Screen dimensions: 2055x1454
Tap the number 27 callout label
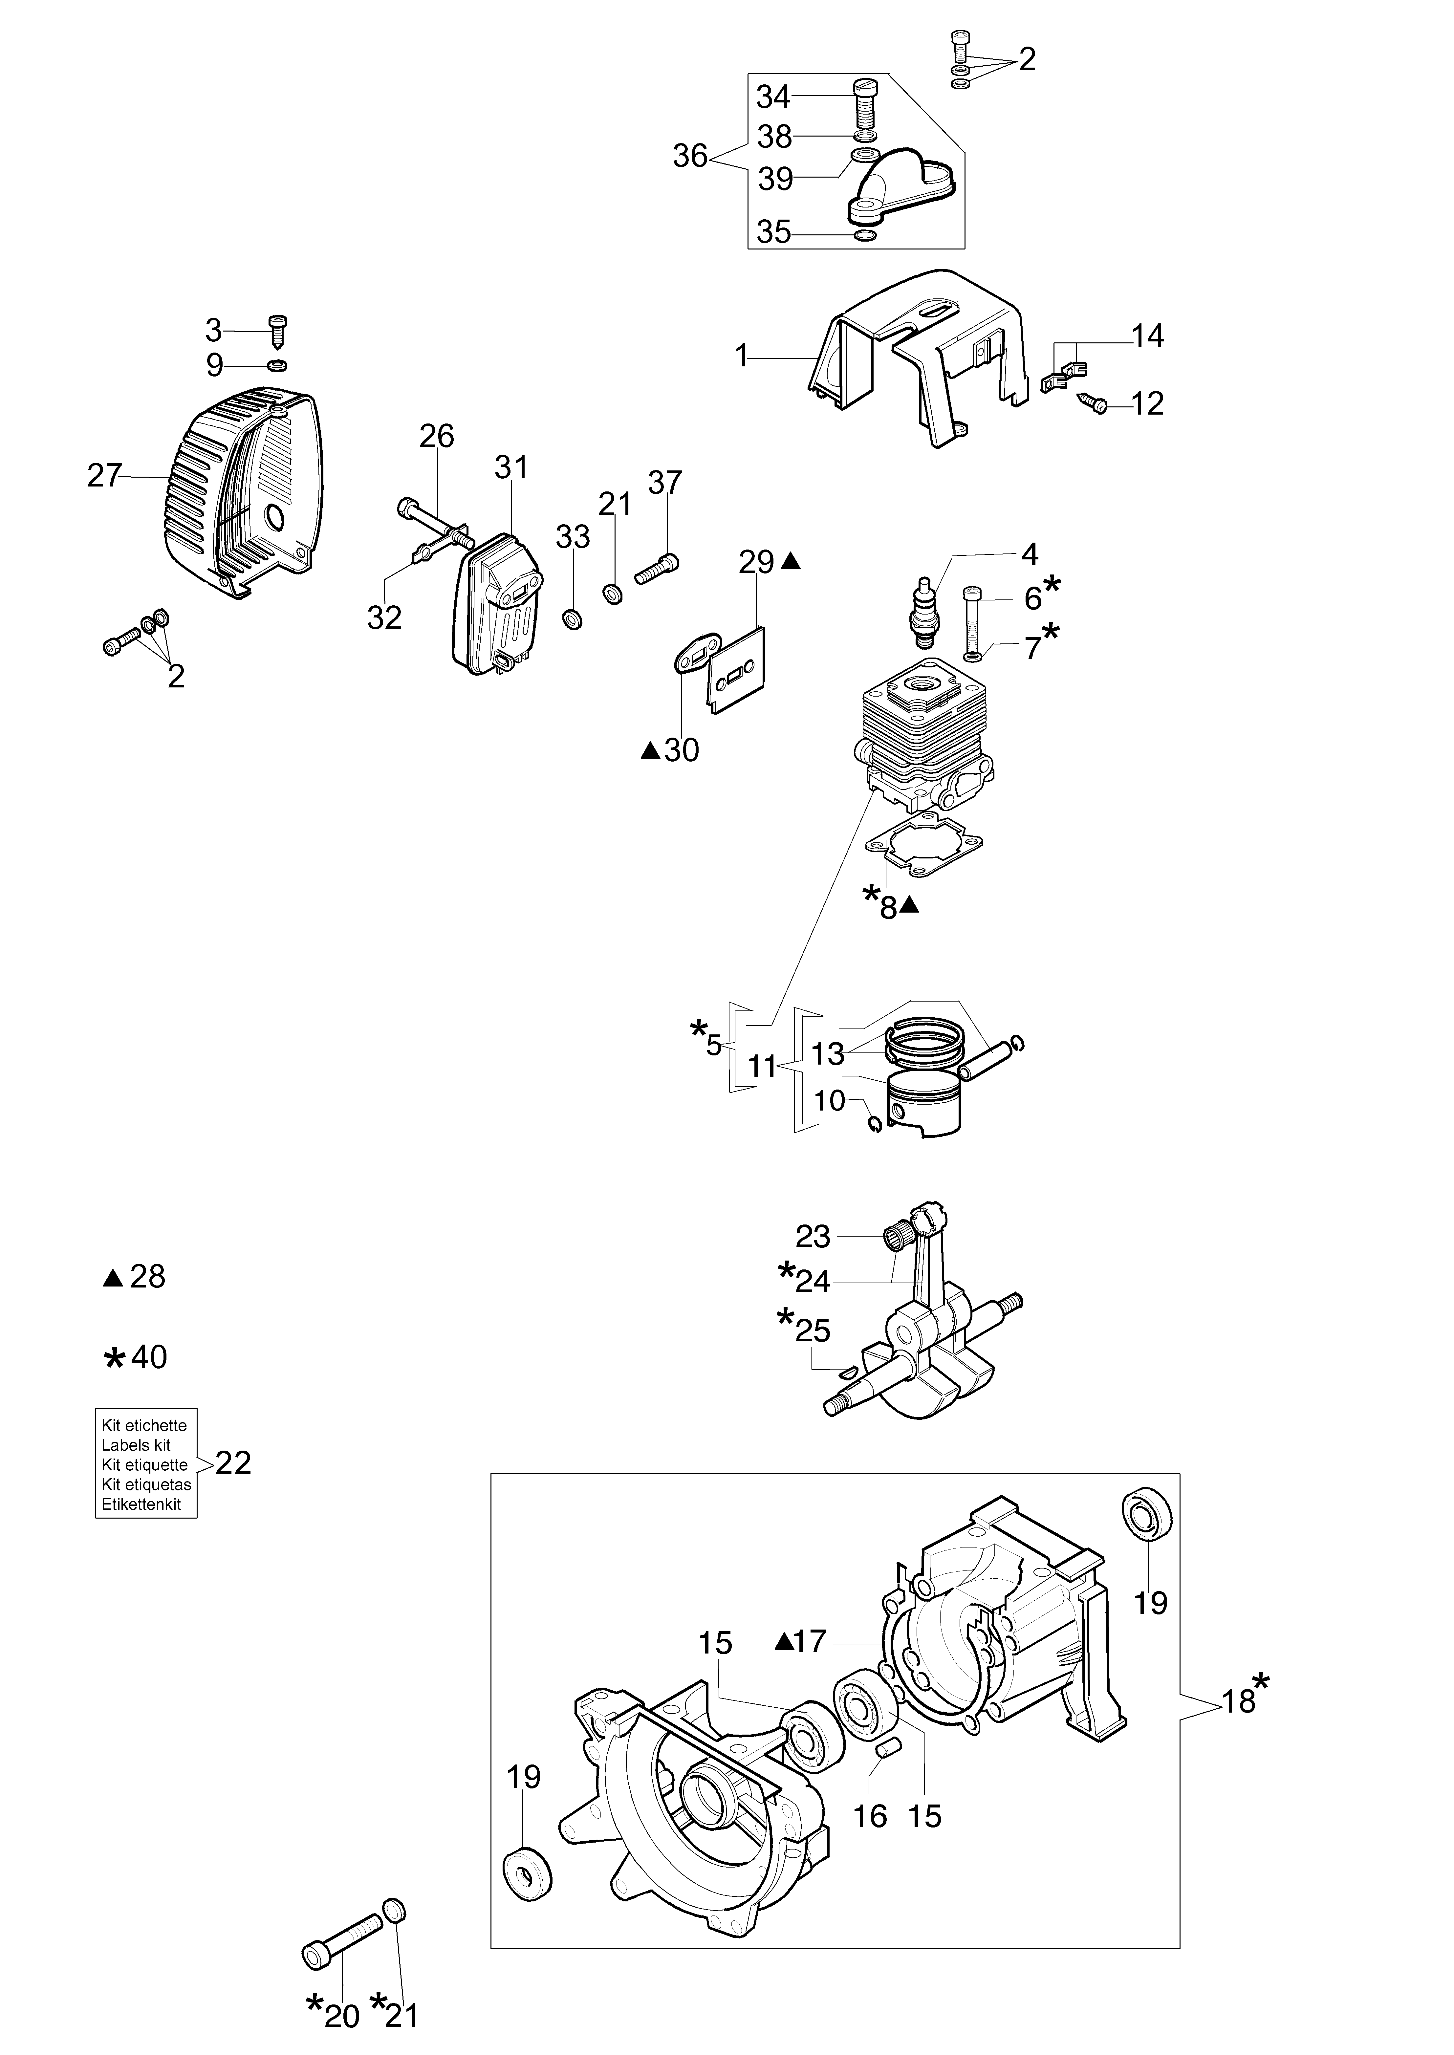(104, 475)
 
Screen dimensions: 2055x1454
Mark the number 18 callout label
(1239, 1700)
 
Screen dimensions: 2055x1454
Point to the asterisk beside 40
(115, 1359)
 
